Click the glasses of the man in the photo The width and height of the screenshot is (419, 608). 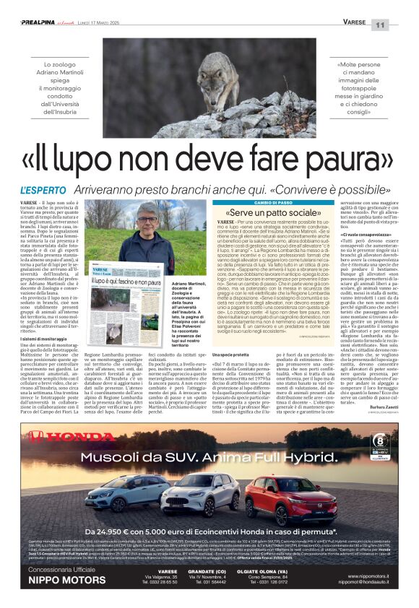point(148,220)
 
